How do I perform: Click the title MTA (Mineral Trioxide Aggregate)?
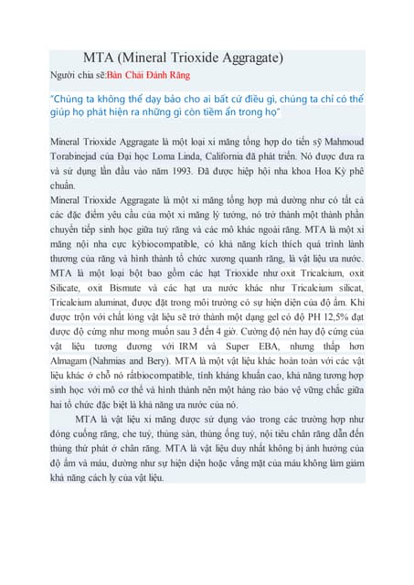pyautogui.click(x=183, y=57)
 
